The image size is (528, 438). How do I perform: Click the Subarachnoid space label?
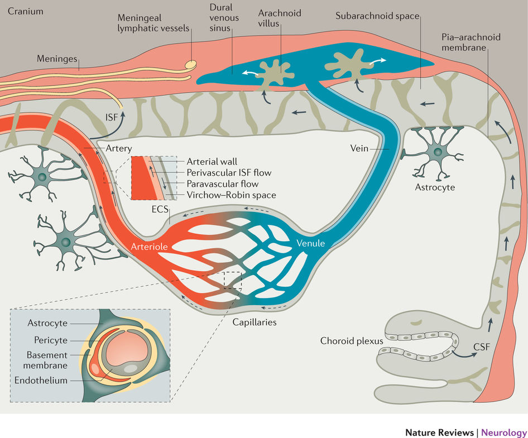click(x=377, y=16)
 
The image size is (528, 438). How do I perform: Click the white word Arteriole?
click(x=150, y=246)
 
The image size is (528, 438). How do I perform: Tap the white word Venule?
click(x=310, y=243)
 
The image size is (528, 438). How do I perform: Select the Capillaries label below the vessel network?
click(x=255, y=322)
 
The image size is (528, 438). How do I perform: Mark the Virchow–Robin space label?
click(x=241, y=195)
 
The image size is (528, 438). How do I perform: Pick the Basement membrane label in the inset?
click(x=47, y=360)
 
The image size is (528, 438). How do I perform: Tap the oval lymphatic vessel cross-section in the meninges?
click(x=191, y=65)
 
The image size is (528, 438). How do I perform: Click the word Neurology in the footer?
click(x=503, y=432)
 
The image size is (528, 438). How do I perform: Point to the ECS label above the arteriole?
click(x=160, y=210)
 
